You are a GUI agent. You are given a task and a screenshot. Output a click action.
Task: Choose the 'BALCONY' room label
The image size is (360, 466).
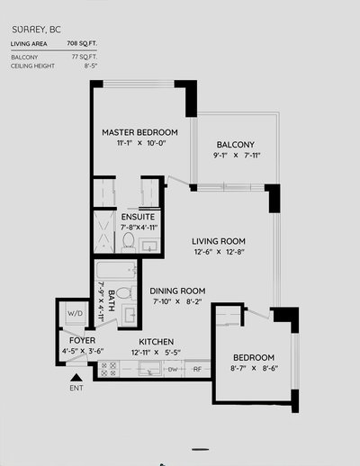point(235,145)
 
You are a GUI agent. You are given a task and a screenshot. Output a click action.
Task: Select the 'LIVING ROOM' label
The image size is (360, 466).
point(220,241)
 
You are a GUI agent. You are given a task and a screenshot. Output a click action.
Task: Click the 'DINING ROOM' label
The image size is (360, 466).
point(178,291)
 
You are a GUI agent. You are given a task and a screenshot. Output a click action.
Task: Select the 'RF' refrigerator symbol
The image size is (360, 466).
point(195,369)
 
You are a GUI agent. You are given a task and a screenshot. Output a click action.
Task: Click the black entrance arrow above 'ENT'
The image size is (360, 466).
point(78,380)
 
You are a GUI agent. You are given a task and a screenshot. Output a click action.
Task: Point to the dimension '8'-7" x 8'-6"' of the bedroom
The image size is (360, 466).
point(253,368)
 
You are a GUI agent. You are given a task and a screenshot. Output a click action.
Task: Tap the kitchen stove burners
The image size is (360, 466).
point(110,368)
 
